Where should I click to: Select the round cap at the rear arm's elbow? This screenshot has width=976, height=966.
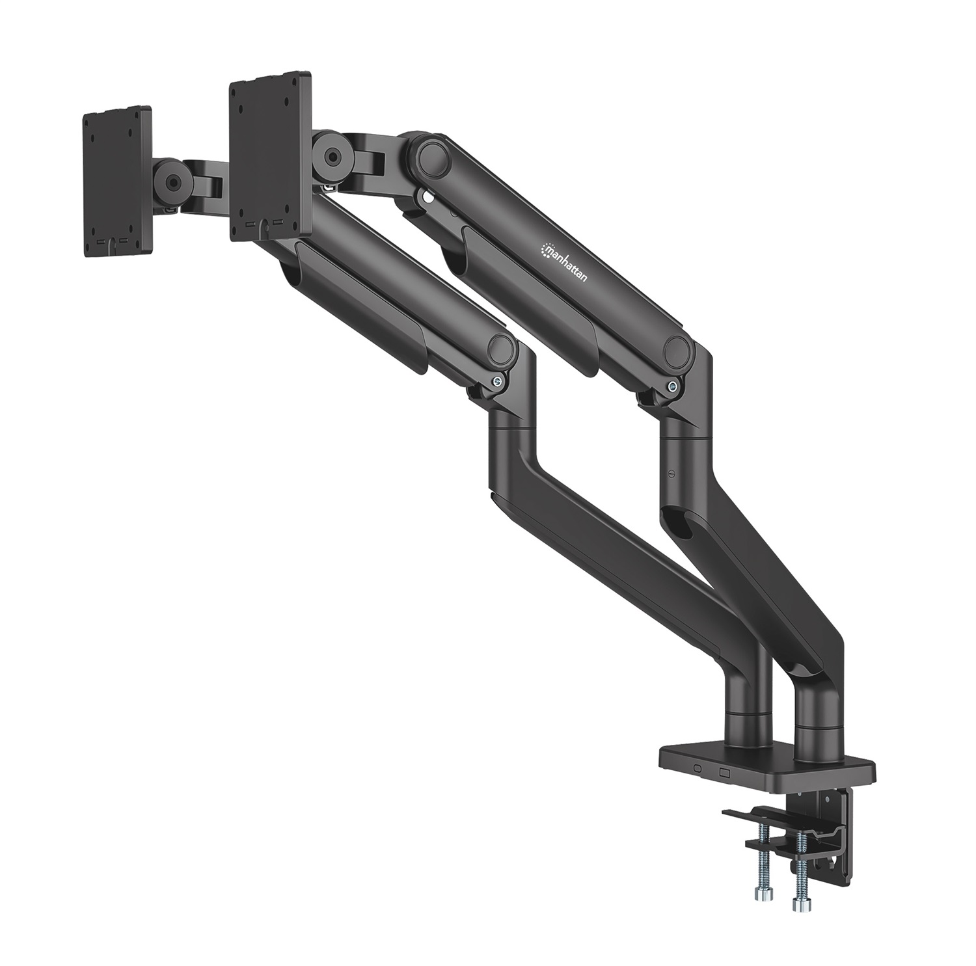[677, 350]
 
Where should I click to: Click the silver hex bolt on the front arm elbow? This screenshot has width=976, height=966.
[497, 383]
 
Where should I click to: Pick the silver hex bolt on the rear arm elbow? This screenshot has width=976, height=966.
[671, 387]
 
